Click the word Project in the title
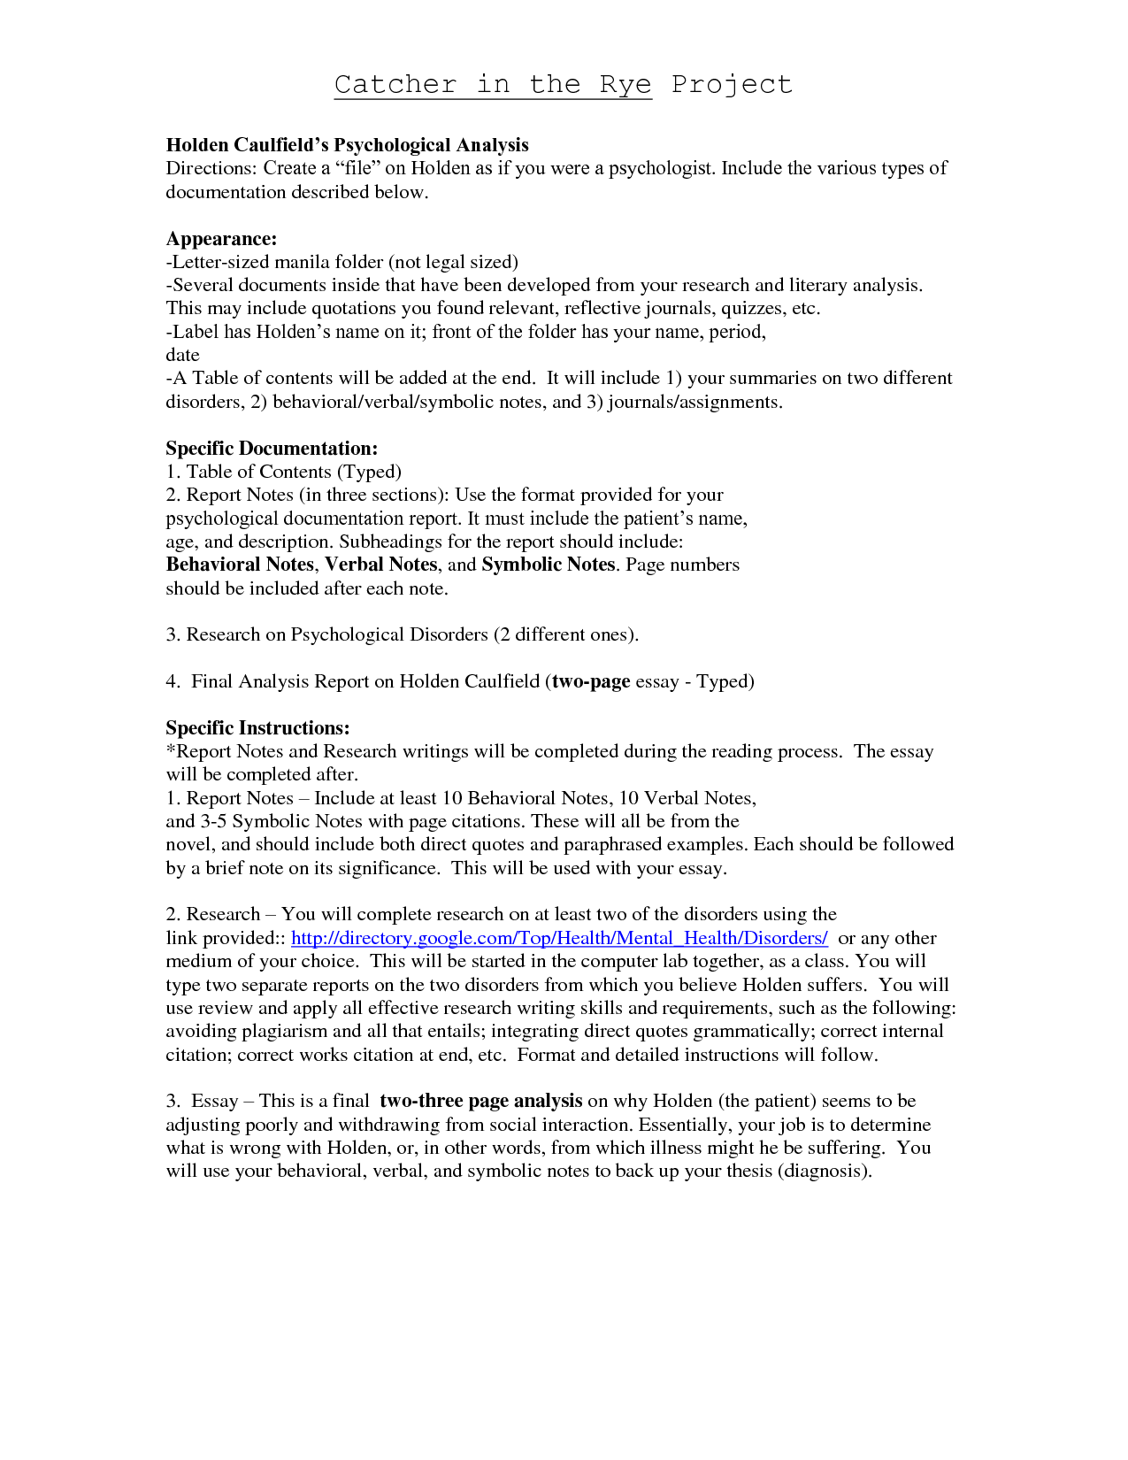click(731, 85)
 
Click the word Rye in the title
click(625, 85)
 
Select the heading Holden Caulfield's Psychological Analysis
click(347, 145)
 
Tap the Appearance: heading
click(221, 239)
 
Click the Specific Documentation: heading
click(272, 449)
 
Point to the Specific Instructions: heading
click(257, 728)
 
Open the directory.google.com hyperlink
click(559, 938)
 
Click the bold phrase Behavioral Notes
click(240, 565)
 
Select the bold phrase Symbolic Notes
click(549, 565)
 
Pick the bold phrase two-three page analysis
click(480, 1101)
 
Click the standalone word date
click(182, 355)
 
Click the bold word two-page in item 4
click(591, 681)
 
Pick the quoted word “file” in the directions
click(357, 168)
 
